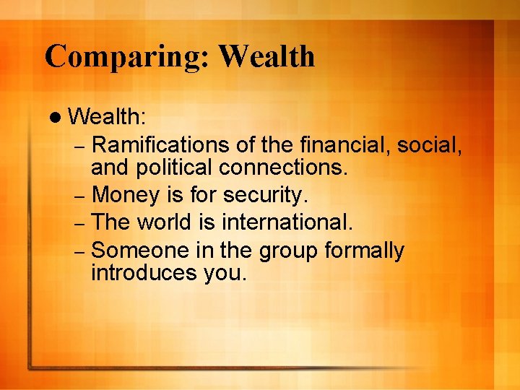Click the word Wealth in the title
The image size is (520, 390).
click(x=266, y=56)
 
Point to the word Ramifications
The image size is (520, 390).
click(x=162, y=146)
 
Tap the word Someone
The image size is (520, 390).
click(x=142, y=251)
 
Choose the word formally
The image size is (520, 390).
click(x=364, y=251)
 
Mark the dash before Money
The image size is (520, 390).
click(x=80, y=196)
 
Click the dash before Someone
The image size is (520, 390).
click(x=80, y=252)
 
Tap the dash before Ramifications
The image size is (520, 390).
click(x=80, y=147)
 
